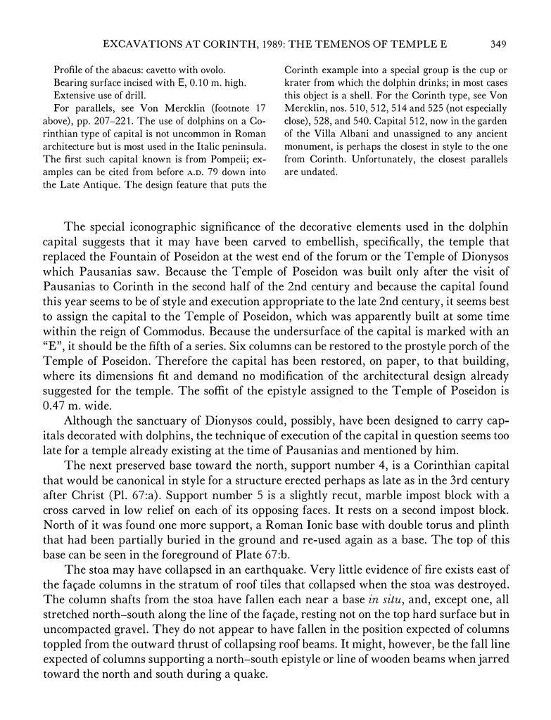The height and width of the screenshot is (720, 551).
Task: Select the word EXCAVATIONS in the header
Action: (x=141, y=44)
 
